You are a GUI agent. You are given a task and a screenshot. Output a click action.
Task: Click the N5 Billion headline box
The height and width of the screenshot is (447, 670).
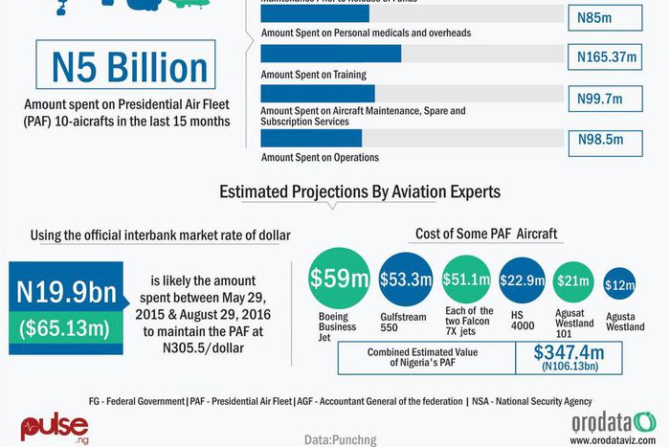[129, 68]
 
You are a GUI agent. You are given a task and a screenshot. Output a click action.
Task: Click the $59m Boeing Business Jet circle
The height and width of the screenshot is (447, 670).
[339, 279]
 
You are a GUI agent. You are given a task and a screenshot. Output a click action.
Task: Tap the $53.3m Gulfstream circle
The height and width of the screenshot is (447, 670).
[406, 279]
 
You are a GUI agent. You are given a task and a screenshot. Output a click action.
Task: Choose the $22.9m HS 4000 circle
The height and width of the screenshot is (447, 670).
[523, 279]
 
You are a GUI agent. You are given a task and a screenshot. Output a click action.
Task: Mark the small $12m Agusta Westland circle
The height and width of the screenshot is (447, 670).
[621, 283]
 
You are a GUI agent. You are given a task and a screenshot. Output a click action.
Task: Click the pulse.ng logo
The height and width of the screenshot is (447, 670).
[55, 426]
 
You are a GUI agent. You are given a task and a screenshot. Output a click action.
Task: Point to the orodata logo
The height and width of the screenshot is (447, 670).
[613, 421]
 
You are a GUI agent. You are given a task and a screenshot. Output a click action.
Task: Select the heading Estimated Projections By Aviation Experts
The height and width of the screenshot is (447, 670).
[360, 191]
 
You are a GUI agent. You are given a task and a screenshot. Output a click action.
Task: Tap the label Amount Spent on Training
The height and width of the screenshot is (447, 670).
[314, 75]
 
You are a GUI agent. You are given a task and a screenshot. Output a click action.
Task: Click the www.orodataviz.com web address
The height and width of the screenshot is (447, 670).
[613, 440]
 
